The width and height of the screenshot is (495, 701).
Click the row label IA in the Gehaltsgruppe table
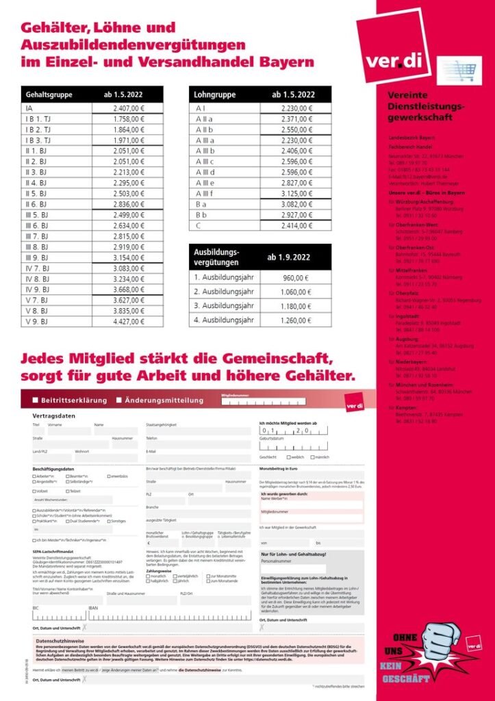[29, 108]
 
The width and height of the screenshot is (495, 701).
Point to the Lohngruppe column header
[215, 94]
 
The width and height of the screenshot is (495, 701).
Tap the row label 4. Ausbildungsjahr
[225, 319]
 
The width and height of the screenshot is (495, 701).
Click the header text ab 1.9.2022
[293, 257]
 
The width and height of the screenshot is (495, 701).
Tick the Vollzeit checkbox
[34, 491]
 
